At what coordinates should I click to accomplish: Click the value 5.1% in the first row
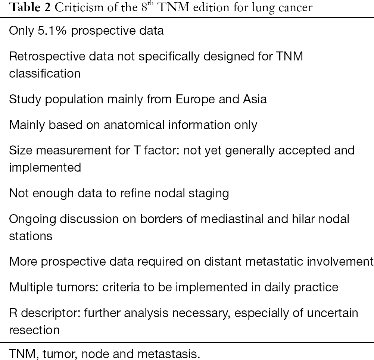click(x=52, y=31)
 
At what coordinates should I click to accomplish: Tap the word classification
click(x=44, y=73)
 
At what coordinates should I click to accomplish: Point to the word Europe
click(x=195, y=100)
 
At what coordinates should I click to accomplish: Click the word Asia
click(x=255, y=99)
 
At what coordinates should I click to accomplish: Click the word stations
click(x=31, y=236)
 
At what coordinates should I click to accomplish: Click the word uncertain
click(x=332, y=313)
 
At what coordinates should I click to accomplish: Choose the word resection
click(x=34, y=330)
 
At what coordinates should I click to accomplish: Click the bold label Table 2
click(x=30, y=7)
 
